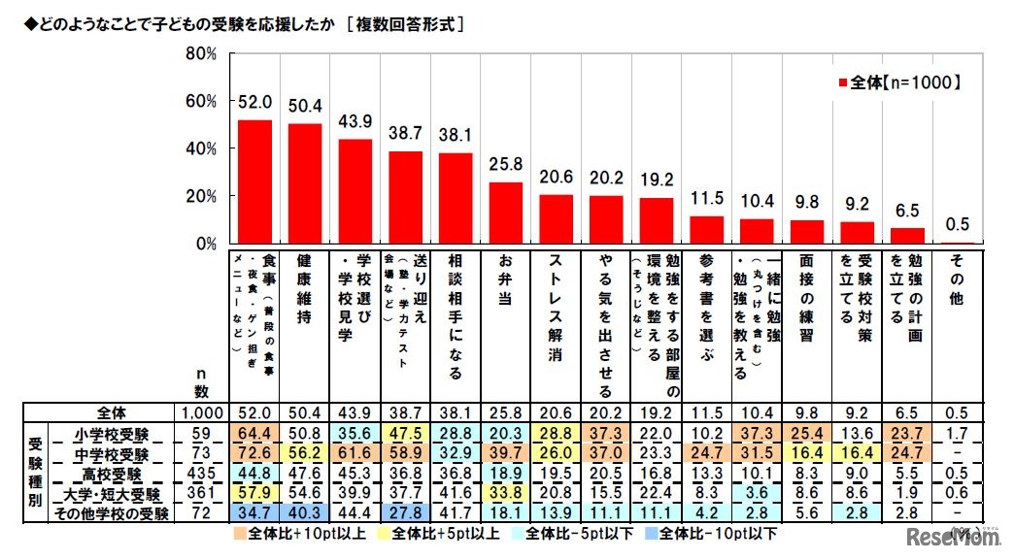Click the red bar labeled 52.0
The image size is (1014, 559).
tap(254, 181)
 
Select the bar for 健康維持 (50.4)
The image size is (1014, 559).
tap(305, 183)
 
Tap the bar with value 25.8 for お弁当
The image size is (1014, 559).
tap(505, 213)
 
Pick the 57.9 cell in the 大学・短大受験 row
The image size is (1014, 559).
tap(254, 494)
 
